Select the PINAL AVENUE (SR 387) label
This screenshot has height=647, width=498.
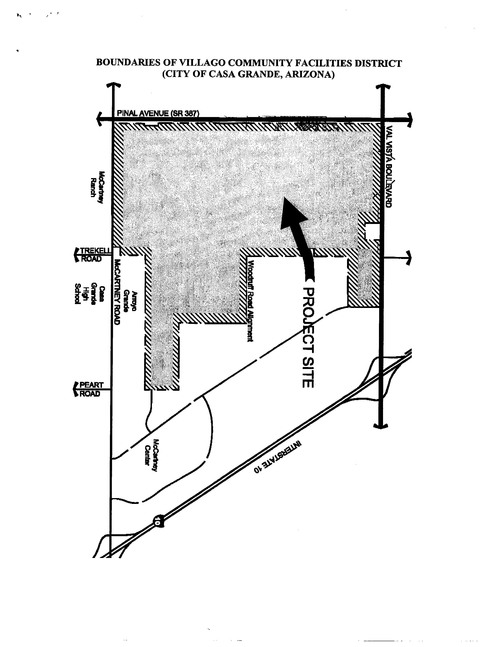(158, 114)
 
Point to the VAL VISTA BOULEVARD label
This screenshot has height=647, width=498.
(389, 166)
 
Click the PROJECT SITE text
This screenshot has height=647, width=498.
(308, 337)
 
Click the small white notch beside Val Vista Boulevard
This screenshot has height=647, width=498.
(372, 231)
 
